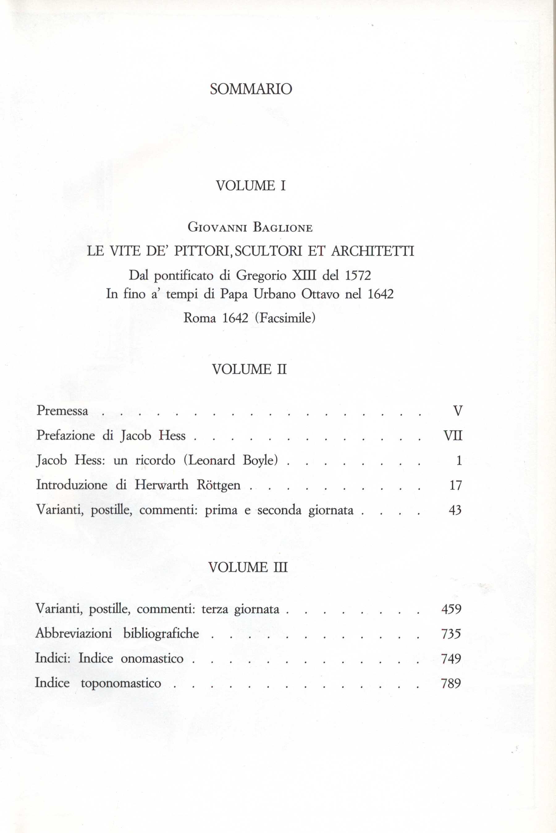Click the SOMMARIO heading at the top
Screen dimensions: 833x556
coord(251,89)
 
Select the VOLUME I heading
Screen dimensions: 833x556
coord(251,186)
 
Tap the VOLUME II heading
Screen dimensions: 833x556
coord(249,370)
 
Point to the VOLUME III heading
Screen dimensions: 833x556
coord(248,567)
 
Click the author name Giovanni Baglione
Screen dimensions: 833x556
coord(250,227)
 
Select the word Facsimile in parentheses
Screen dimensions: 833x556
coord(285,318)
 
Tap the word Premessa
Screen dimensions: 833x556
coord(62,411)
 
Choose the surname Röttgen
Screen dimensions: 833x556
coord(218,485)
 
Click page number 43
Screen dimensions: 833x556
coord(455,510)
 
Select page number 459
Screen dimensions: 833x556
coord(451,609)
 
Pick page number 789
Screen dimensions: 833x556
coord(451,683)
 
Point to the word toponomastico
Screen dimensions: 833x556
coord(121,683)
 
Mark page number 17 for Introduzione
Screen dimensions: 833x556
coord(455,485)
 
